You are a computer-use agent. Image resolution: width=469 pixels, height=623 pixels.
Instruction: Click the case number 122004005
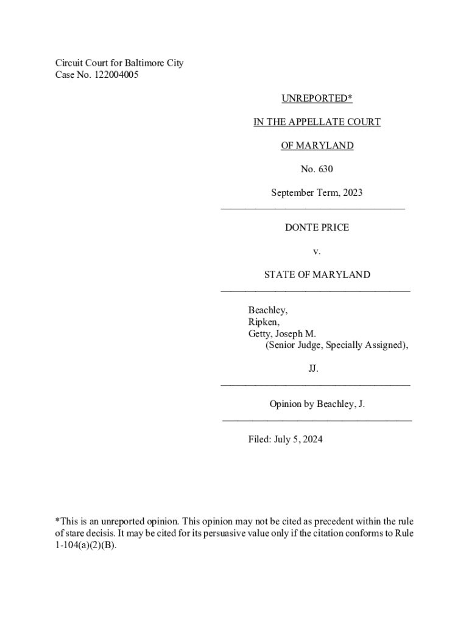pyautogui.click(x=122, y=75)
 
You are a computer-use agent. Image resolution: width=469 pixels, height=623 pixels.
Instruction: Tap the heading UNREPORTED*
pyautogui.click(x=317, y=99)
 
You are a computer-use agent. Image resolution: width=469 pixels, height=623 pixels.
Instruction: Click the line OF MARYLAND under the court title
pyautogui.click(x=317, y=146)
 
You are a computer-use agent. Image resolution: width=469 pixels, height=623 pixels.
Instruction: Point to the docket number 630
pyautogui.click(x=325, y=169)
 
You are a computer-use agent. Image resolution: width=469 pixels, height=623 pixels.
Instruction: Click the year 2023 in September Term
pyautogui.click(x=352, y=193)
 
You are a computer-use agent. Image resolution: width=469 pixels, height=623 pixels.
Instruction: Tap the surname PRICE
pyautogui.click(x=336, y=228)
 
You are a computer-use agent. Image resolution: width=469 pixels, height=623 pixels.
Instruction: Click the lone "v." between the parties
pyautogui.click(x=317, y=251)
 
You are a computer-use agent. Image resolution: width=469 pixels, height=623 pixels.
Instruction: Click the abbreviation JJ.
pyautogui.click(x=313, y=369)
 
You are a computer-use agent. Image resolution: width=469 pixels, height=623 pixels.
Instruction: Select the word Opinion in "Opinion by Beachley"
pyautogui.click(x=286, y=404)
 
